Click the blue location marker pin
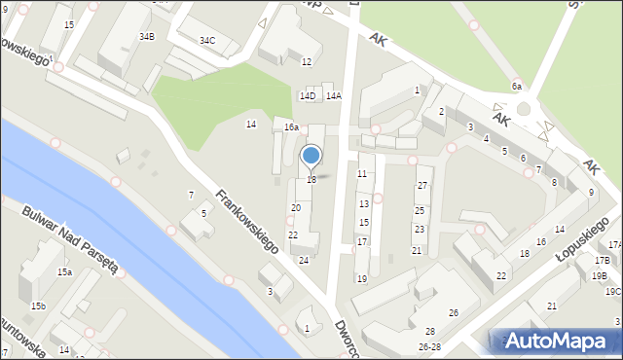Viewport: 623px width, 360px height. pos(311,156)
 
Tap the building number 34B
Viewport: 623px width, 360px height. pos(146,36)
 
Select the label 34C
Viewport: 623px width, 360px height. pos(207,41)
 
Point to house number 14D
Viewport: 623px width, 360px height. pos(308,95)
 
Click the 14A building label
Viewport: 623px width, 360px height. pos(334,95)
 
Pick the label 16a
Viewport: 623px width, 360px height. pos(291,127)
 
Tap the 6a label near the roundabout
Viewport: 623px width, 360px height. pos(518,86)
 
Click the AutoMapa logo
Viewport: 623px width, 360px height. pos(556,341)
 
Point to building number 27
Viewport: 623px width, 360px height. pos(422,185)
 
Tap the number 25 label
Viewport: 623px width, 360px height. pos(420,210)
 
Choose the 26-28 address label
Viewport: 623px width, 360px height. pos(429,346)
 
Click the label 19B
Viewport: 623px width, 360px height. pos(600,275)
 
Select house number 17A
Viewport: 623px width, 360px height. pos(614,244)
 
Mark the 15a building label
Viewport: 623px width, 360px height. pos(64,272)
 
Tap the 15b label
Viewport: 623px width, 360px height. pos(37,306)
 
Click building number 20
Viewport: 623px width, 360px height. pos(296,208)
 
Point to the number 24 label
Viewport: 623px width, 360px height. pos(304,260)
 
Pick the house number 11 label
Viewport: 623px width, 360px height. pos(362,174)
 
